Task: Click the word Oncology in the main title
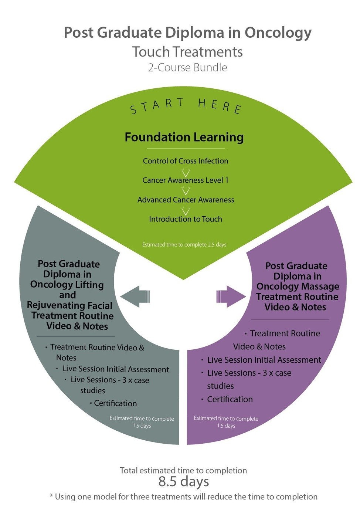278,33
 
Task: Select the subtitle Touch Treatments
187,52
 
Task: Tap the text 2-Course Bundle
187,68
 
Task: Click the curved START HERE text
186,105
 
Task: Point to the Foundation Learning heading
184,137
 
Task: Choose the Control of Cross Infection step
186,161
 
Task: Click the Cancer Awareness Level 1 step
186,180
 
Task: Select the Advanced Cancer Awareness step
186,200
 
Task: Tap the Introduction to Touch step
186,219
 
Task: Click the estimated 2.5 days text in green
184,245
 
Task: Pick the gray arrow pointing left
135,297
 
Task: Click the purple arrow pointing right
231,297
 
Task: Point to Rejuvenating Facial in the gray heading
69,306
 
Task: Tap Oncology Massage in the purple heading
298,287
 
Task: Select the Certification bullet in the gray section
115,403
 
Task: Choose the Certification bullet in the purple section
230,399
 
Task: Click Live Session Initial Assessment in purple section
264,360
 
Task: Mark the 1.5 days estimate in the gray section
142,426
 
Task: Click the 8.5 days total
184,482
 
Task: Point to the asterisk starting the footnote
51,495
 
